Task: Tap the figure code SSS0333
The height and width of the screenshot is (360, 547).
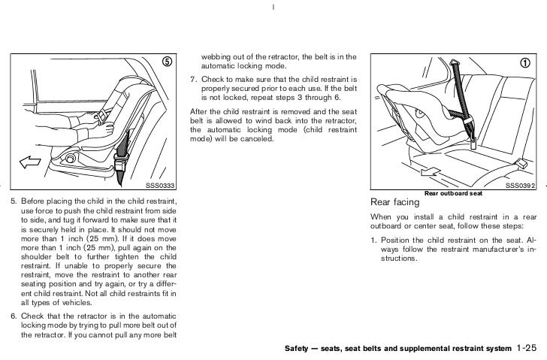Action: pyautogui.click(x=159, y=186)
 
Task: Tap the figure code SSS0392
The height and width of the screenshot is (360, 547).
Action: pyautogui.click(x=518, y=186)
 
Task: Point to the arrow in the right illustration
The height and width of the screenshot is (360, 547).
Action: pyautogui.click(x=431, y=172)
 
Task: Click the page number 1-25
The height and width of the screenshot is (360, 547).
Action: pyautogui.click(x=529, y=349)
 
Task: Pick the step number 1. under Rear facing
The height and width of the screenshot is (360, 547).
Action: pyautogui.click(x=373, y=241)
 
